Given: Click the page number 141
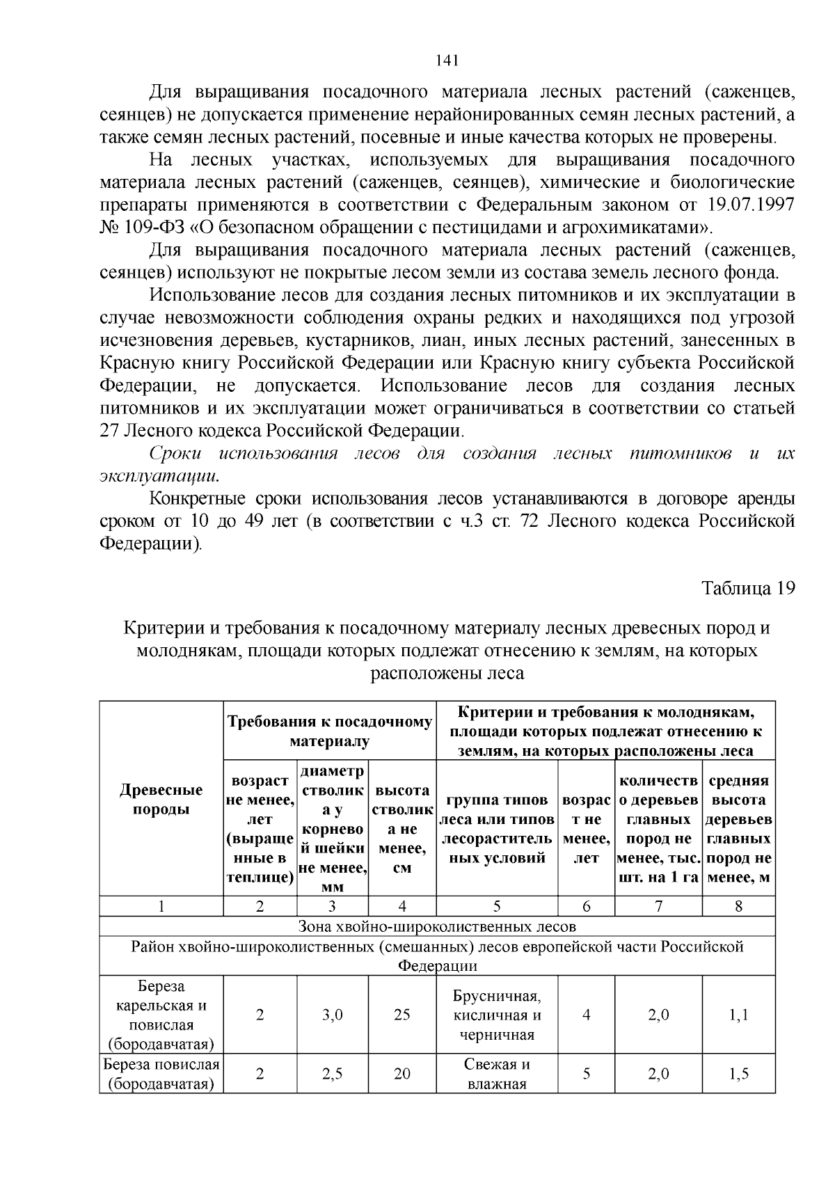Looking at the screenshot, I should pyautogui.click(x=447, y=61).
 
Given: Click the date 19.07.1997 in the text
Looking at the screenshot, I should pyautogui.click(x=751, y=205).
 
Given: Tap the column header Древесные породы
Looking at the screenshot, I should pyautogui.click(x=161, y=800).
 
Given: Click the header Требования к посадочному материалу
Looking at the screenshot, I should pyautogui.click(x=329, y=731).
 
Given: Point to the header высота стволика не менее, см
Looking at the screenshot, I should pyautogui.click(x=401, y=829).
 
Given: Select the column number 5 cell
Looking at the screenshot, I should pyautogui.click(x=496, y=906).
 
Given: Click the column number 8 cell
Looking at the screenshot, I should pyautogui.click(x=738, y=906).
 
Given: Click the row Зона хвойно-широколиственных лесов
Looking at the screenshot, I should pyautogui.click(x=437, y=926).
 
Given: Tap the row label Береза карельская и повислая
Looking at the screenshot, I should pyautogui.click(x=161, y=1015).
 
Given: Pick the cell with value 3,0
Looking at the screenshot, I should pyautogui.click(x=333, y=1015).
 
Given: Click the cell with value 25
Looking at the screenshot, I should pyautogui.click(x=401, y=1015).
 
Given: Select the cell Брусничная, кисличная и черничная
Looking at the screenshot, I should pyautogui.click(x=496, y=1015).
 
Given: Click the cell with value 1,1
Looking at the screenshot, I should pyautogui.click(x=738, y=1015).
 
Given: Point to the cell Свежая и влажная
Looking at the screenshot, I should pyautogui.click(x=496, y=1074).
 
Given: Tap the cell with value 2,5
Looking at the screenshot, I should pyautogui.click(x=333, y=1074).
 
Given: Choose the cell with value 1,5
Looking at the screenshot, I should pyautogui.click(x=738, y=1074).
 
